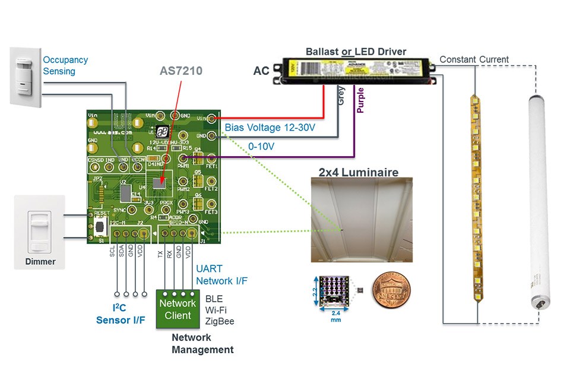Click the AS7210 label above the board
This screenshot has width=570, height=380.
coord(180,71)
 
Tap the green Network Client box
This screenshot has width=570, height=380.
coord(178,309)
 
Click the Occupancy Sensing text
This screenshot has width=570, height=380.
coord(65,65)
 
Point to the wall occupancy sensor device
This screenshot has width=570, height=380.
coord(26,77)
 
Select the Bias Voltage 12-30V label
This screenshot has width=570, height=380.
coord(269,127)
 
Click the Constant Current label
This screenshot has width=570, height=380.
coord(474,59)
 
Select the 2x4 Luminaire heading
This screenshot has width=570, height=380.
coord(358,172)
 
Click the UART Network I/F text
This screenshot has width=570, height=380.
coord(221,275)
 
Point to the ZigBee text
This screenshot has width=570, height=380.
coord(219,321)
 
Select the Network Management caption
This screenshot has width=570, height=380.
coord(202,343)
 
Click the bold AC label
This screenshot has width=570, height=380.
coord(261,71)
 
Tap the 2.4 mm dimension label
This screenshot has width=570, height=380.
coord(337,315)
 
